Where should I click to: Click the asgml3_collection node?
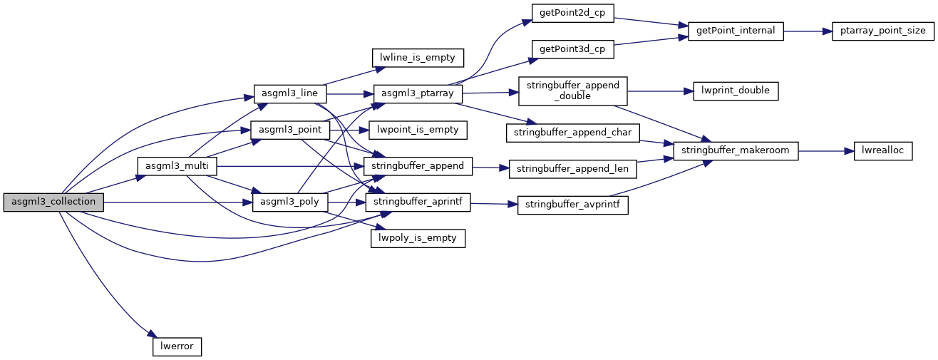click(53, 202)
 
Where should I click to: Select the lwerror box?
click(177, 346)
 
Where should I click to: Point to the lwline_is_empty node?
click(418, 57)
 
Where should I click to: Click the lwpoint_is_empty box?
click(418, 130)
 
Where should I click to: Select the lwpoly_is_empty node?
click(418, 238)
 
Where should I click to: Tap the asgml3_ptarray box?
click(418, 93)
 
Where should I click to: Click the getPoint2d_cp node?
click(572, 13)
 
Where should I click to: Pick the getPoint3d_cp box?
click(572, 48)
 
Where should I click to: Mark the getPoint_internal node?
click(736, 31)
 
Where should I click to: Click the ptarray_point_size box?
click(882, 31)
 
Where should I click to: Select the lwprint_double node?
click(736, 91)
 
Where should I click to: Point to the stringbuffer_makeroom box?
click(736, 150)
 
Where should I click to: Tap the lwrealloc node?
click(882, 150)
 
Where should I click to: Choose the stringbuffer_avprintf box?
click(572, 205)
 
